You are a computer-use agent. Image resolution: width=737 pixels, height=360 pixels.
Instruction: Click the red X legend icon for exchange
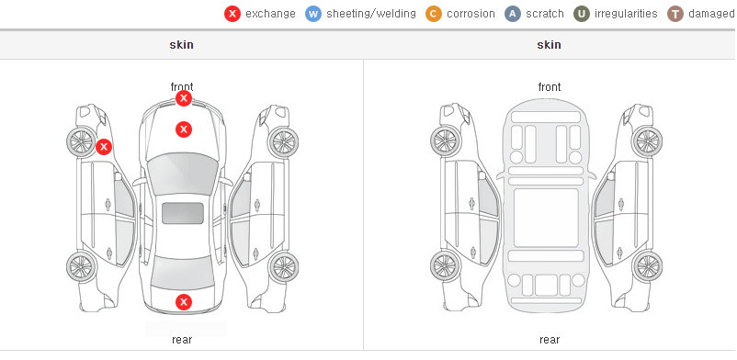232,14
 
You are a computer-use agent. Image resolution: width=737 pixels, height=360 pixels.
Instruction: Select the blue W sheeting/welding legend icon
313,14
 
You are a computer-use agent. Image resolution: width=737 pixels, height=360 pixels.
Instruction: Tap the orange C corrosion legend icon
434,14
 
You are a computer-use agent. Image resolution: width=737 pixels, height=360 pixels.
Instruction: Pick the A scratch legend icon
513,14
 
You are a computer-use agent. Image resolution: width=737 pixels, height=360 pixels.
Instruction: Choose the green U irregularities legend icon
582,14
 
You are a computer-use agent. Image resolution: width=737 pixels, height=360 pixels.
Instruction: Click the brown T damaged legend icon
675,14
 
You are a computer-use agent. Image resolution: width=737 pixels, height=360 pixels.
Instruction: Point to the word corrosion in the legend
471,14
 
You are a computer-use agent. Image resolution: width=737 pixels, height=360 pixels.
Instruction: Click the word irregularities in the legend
626,14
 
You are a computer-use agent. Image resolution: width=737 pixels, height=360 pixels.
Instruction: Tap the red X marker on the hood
184,129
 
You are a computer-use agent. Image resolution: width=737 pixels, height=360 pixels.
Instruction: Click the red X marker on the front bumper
184,98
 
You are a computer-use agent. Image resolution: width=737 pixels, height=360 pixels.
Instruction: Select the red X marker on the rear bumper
184,302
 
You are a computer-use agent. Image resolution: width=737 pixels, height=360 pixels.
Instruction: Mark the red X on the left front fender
104,147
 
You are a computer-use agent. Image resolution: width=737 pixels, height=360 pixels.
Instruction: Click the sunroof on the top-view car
183,213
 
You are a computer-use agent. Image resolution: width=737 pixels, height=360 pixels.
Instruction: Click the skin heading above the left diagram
181,45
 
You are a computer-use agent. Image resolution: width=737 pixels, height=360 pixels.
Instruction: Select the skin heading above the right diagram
549,45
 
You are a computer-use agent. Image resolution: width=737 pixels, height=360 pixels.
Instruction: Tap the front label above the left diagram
182,86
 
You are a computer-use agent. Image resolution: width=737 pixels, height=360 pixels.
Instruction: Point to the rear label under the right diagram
550,339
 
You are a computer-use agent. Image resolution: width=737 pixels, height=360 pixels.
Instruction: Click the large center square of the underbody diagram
546,218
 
